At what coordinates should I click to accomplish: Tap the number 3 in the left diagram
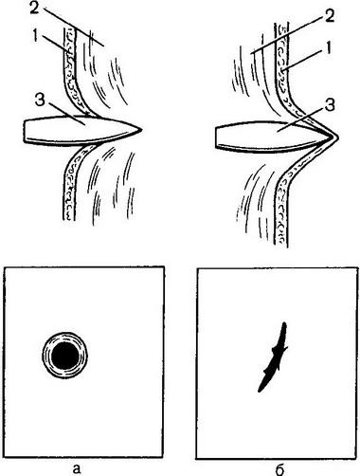point(41,102)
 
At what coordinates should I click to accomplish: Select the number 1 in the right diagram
point(328,48)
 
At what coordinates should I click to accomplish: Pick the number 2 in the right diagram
point(329,16)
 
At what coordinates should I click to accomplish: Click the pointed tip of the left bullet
point(142,129)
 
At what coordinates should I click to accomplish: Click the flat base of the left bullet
point(26,131)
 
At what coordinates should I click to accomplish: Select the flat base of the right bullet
point(217,137)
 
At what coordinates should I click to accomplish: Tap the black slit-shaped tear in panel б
point(274,357)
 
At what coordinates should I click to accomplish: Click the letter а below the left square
point(77,468)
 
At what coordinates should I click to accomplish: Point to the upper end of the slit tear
point(284,323)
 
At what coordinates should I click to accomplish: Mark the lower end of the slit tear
point(260,392)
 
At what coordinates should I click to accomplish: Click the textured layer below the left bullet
point(70,183)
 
